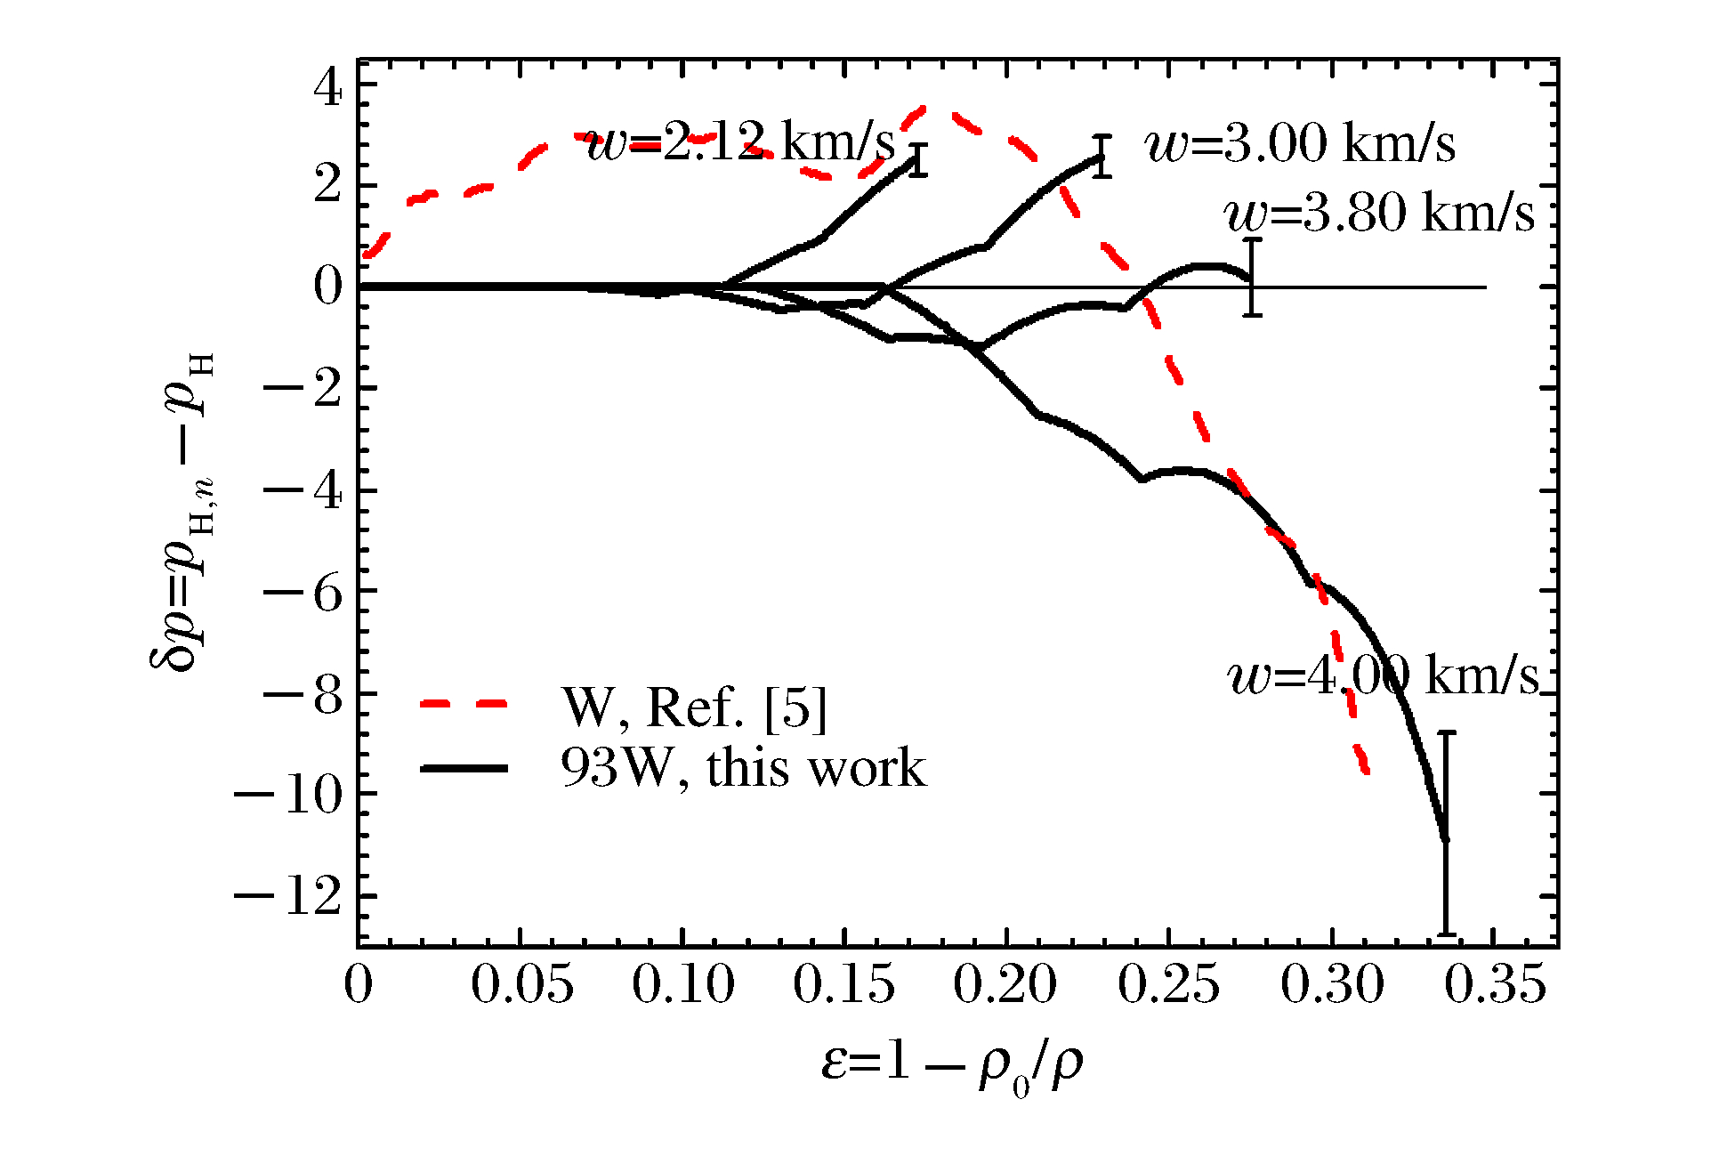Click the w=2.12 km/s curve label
[740, 142]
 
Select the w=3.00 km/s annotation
[1301, 144]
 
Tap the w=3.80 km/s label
[1379, 214]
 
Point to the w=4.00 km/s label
[1383, 676]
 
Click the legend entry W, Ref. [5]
[694, 708]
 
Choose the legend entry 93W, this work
[743, 767]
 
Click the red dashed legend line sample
[464, 704]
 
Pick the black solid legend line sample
[464, 767]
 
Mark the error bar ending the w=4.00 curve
[1447, 833]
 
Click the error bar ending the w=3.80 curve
[1253, 277]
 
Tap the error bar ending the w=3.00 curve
[1102, 157]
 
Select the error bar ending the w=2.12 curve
[919, 160]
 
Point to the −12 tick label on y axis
[288, 897]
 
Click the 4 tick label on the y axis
[327, 87]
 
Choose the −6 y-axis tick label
[303, 593]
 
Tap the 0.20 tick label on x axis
[1005, 986]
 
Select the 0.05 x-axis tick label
[521, 986]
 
